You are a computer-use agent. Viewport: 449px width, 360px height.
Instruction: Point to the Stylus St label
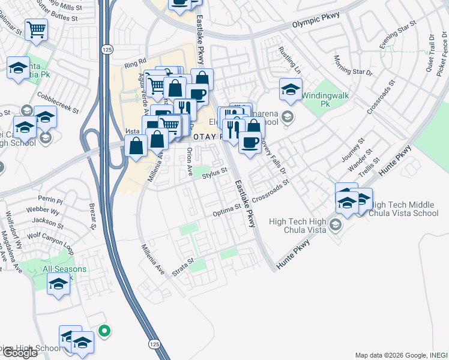[x=215, y=175]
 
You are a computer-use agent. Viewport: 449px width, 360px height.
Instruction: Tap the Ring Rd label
[x=136, y=62]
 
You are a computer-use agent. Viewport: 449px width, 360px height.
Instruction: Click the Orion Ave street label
[x=189, y=162]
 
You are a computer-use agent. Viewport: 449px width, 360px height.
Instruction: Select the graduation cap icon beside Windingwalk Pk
[x=291, y=90]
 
